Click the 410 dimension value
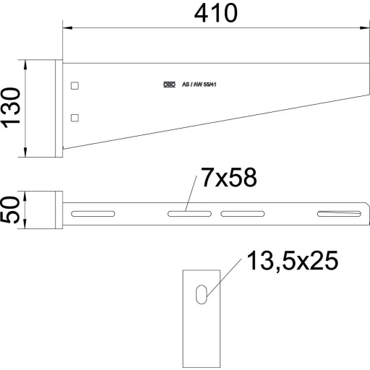[x=215, y=13]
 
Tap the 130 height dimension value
[x=11, y=108]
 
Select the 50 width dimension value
[x=10, y=210]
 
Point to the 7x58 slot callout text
[x=229, y=178]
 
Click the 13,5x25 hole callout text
[x=293, y=261]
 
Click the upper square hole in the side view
[x=74, y=85]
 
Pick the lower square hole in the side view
[x=74, y=118]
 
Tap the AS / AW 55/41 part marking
[x=199, y=85]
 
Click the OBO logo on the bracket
[x=169, y=85]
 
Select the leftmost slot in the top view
[x=93, y=214]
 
